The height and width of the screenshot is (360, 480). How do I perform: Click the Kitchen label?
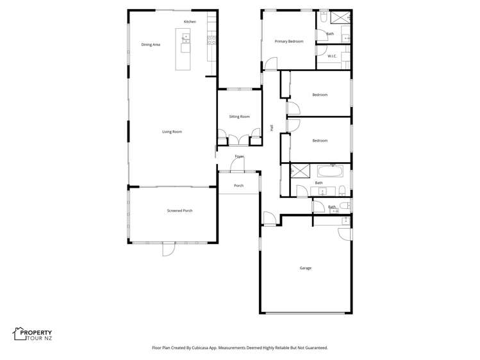coord(190,22)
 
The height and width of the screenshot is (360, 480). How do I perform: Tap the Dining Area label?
coord(151,44)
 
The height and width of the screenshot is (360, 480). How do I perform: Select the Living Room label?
coord(172,131)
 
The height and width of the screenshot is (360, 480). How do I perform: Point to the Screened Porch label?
coord(179,210)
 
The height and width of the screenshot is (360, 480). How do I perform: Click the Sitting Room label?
coord(239,116)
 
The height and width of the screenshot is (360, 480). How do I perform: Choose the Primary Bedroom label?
coord(288,41)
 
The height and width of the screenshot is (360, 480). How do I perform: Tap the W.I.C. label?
coord(332,56)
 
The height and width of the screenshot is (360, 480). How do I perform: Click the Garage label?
coord(305,268)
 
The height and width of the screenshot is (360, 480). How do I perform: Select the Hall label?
coord(272,127)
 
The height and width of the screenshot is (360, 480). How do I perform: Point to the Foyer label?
coord(239,156)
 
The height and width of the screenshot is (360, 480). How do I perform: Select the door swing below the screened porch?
coord(168,249)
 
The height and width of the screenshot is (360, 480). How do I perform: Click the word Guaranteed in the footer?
coord(315,348)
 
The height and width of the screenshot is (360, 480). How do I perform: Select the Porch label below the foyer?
coord(238,186)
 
